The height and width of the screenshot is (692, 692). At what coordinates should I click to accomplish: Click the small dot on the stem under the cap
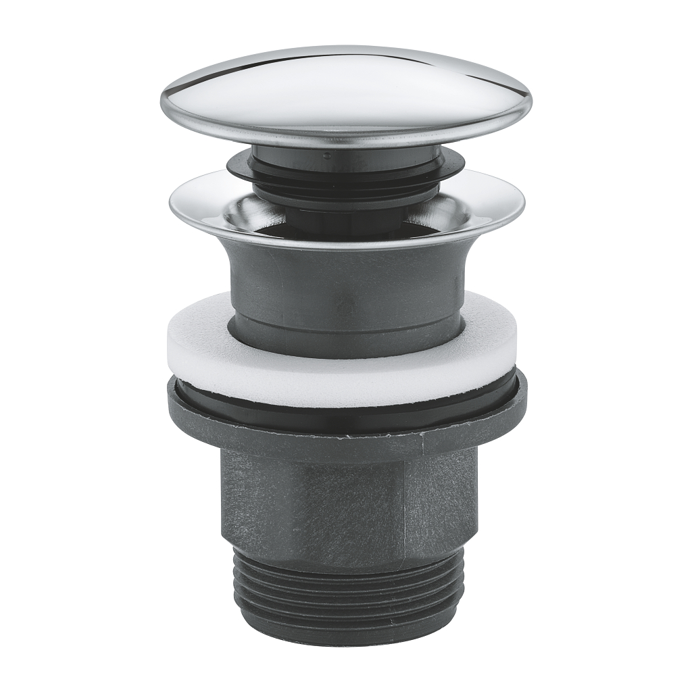(x=326, y=155)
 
